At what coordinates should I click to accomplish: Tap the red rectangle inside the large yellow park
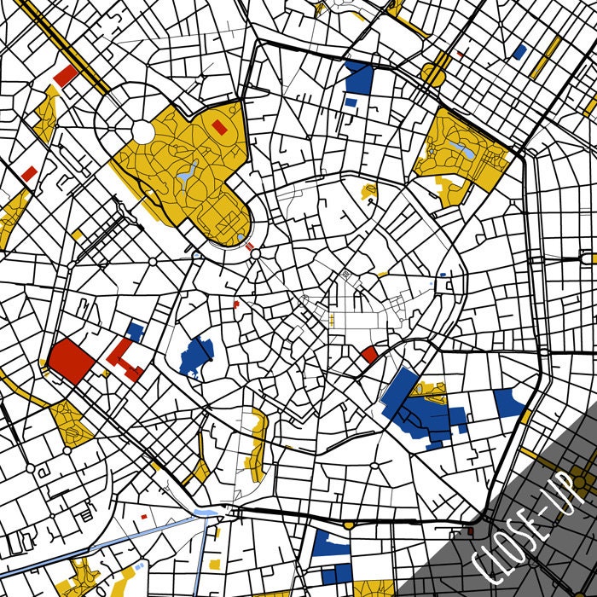[x=219, y=128]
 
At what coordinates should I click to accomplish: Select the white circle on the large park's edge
[x=143, y=131]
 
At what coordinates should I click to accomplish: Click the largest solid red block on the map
[x=71, y=360]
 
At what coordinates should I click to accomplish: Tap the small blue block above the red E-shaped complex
[x=135, y=331]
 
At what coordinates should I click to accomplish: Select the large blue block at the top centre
[x=360, y=78]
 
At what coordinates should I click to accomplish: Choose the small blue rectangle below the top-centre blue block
[x=351, y=101]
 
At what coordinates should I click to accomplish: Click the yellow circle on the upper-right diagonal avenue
[x=433, y=75]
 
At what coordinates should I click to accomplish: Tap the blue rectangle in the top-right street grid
[x=519, y=52]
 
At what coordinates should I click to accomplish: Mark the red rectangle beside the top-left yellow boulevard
[x=65, y=76]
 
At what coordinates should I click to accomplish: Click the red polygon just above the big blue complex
[x=369, y=354]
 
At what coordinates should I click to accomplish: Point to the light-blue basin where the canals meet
[x=207, y=512]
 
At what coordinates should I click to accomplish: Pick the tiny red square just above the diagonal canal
[x=144, y=517]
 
